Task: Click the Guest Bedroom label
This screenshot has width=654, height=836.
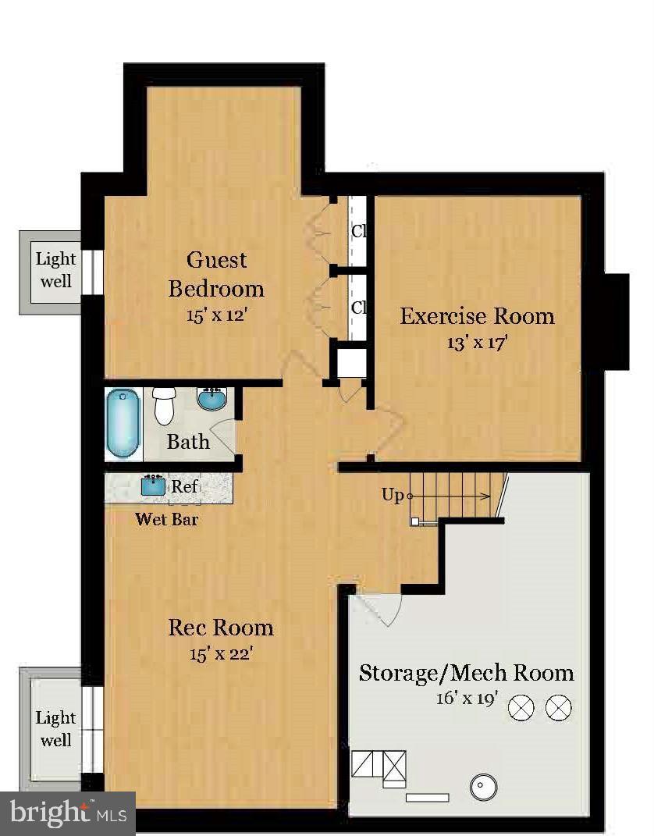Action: tap(216, 274)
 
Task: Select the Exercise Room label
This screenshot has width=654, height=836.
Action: tap(477, 316)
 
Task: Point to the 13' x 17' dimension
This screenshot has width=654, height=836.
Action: tap(476, 343)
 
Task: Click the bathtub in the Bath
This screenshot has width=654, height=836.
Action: tap(123, 423)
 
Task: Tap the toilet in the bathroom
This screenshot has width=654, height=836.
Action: tap(164, 406)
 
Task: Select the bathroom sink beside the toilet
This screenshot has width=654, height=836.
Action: tap(212, 398)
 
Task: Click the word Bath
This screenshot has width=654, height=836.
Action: tap(187, 442)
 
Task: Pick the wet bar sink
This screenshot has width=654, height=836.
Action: tap(154, 486)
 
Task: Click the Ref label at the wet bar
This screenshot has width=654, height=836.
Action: tap(184, 486)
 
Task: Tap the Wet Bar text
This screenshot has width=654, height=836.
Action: tap(167, 519)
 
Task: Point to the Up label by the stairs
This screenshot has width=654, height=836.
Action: tap(393, 496)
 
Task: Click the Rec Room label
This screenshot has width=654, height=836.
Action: tap(221, 628)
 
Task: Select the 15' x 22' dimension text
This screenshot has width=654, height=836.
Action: tap(220, 653)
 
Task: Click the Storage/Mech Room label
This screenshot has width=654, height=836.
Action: tap(467, 673)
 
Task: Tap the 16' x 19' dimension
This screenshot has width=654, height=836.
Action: tap(467, 698)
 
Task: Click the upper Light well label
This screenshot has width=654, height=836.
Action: tap(56, 270)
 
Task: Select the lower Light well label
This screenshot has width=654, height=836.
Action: tap(56, 729)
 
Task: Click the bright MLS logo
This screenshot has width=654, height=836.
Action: tap(68, 813)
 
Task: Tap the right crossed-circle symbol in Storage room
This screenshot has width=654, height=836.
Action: tap(559, 708)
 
